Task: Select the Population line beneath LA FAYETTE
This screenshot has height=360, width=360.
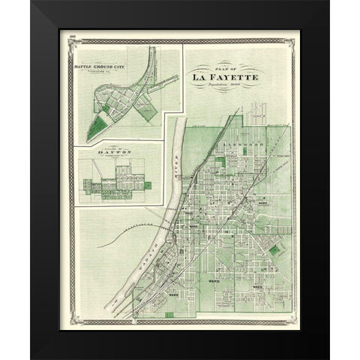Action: point(224,87)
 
